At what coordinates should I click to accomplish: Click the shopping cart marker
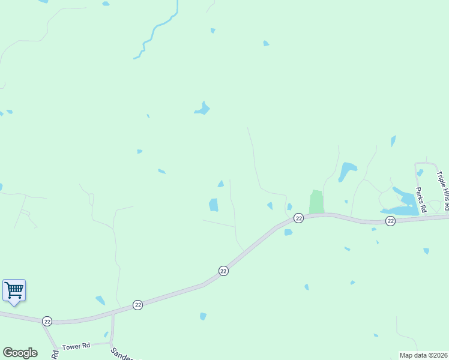[x=14, y=290]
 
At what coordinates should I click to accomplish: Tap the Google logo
[x=20, y=353]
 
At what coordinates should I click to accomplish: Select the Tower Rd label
[x=76, y=346]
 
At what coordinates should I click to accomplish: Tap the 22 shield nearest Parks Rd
[x=390, y=221]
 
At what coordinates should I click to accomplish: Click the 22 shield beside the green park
[x=298, y=218]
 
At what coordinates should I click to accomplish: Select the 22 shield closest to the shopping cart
[x=47, y=322]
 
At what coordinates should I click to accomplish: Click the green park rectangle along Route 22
[x=316, y=202]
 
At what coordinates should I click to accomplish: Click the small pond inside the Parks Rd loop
[x=420, y=173]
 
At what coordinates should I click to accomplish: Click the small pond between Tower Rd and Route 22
[x=106, y=335]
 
